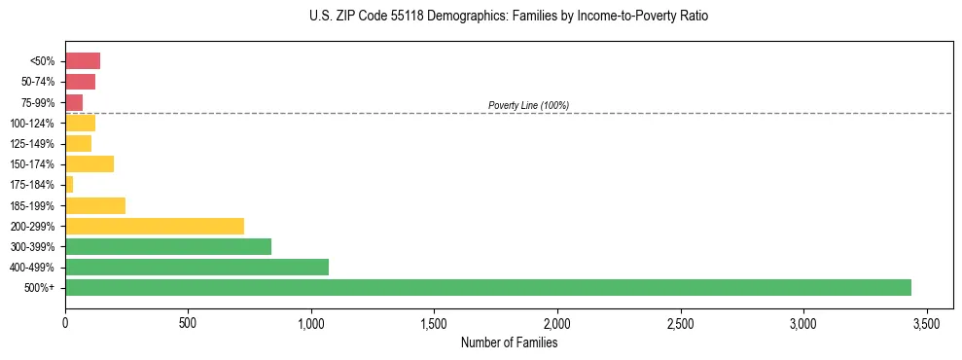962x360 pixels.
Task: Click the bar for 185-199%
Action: [95, 205]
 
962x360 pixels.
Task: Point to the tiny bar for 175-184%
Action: [69, 184]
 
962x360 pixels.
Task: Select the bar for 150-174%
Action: [89, 163]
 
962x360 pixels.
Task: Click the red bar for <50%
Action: [83, 61]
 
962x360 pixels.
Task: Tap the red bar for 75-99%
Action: [74, 102]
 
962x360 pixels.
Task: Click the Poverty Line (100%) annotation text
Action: [528, 105]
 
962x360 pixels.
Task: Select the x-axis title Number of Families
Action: [509, 342]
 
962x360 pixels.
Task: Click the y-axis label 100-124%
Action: [32, 124]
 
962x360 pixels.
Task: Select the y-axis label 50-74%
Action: [37, 82]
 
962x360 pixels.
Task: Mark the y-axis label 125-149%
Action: [32, 144]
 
